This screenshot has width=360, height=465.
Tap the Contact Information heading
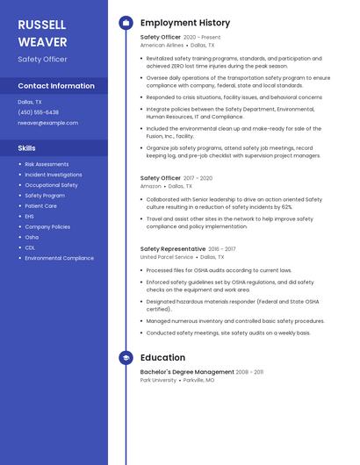[x=56, y=86]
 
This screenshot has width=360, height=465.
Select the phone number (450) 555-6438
[x=39, y=112]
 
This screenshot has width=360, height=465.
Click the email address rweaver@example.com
[x=47, y=123]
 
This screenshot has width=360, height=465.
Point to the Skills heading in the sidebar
[x=27, y=148]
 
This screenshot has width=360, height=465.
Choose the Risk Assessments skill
[x=47, y=164]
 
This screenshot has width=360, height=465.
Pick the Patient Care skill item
[x=41, y=206]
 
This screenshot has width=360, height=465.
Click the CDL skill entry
[x=30, y=247]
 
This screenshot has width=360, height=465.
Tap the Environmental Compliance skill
[x=59, y=258]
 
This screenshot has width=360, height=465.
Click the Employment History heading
[x=184, y=23]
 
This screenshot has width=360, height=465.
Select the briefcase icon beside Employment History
[x=126, y=23]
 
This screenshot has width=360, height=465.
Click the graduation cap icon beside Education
[x=126, y=358]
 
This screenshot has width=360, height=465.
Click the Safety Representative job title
[x=173, y=249]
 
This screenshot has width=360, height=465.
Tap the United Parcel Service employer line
[x=167, y=257]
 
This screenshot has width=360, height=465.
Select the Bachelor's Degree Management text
[x=187, y=372]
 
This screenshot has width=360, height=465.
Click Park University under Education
[x=159, y=380]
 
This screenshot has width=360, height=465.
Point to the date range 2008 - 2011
[x=249, y=372]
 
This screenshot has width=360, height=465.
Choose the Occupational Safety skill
[x=51, y=185]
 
